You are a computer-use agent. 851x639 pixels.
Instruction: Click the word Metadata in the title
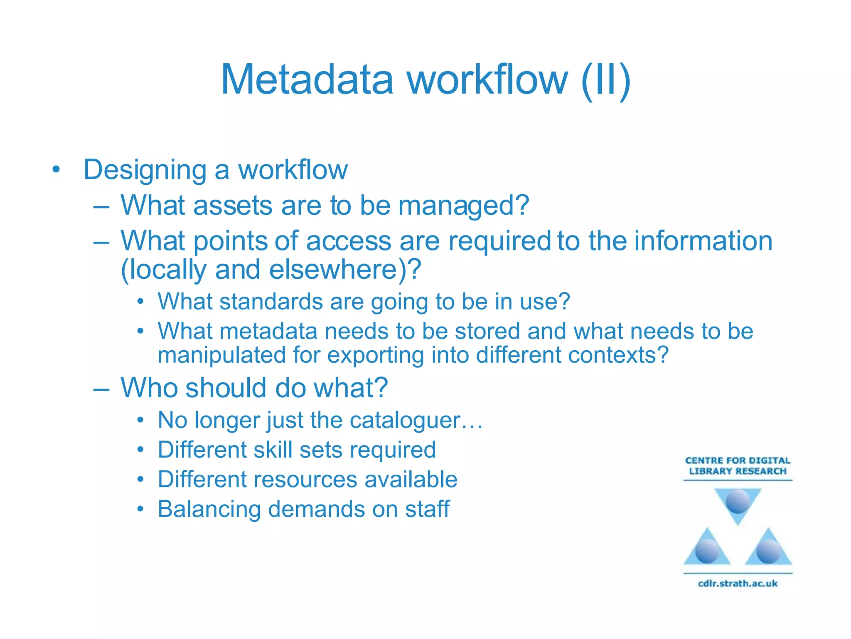pyautogui.click(x=307, y=80)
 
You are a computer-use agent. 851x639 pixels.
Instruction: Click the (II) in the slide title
pyautogui.click(x=606, y=80)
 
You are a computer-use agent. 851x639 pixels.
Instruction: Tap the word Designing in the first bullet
pyautogui.click(x=145, y=171)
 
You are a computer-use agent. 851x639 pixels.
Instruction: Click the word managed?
pyautogui.click(x=464, y=206)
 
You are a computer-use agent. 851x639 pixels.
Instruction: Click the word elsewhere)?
pyautogui.click(x=345, y=270)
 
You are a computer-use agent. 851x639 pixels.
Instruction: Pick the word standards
pyautogui.click(x=271, y=301)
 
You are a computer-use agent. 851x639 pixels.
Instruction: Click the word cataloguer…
pyautogui.click(x=416, y=420)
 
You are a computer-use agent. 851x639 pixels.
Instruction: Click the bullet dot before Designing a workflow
pyautogui.click(x=56, y=170)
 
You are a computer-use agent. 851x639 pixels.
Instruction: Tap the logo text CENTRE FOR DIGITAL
pyautogui.click(x=738, y=461)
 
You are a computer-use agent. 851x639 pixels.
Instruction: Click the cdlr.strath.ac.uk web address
pyautogui.click(x=738, y=583)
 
